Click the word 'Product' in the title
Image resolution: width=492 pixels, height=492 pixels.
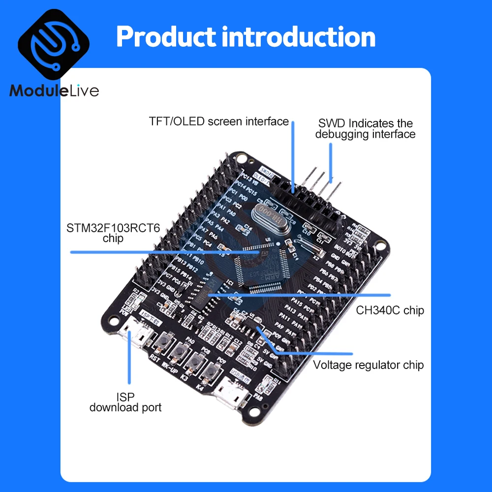[x=165, y=37]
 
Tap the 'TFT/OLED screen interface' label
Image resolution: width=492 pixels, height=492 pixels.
[x=219, y=121]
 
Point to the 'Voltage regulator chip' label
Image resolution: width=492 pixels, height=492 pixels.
[x=369, y=365]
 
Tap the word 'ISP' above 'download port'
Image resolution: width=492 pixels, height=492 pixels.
[x=125, y=397]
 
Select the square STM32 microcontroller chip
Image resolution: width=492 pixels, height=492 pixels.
[x=259, y=266]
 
